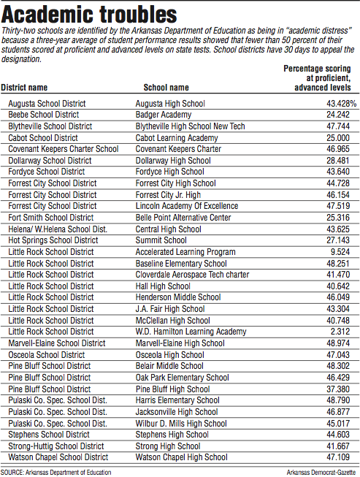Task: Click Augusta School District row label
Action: pos(47,104)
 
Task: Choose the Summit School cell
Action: pos(161,240)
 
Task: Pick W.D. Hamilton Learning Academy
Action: pos(191,332)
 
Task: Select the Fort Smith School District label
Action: pos(51,218)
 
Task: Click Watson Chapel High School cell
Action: pos(182,457)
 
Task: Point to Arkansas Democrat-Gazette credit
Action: pos(320,472)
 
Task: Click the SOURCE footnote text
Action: pos(56,472)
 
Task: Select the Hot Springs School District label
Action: pos(53,240)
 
